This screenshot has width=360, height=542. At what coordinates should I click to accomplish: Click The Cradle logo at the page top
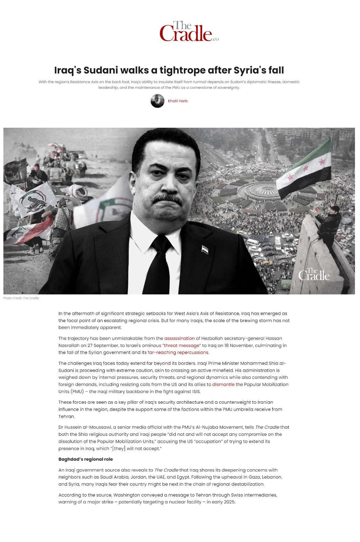[189, 32]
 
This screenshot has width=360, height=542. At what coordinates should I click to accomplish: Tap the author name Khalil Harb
[177, 101]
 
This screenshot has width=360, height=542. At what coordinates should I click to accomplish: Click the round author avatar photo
[157, 101]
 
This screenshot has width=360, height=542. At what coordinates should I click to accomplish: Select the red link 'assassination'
[179, 338]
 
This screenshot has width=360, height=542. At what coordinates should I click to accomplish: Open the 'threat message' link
[182, 346]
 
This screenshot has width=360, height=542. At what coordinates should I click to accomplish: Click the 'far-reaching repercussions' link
[178, 352]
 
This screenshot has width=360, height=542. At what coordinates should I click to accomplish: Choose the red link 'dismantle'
[223, 384]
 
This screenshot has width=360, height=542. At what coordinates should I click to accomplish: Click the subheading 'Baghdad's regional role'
[86, 459]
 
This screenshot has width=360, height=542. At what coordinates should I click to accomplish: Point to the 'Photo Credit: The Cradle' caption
[21, 298]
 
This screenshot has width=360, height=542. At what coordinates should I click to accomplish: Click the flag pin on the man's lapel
[205, 250]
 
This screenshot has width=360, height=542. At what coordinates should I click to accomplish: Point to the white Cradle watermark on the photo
[314, 275]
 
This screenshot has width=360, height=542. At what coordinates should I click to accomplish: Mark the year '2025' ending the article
[229, 502]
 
